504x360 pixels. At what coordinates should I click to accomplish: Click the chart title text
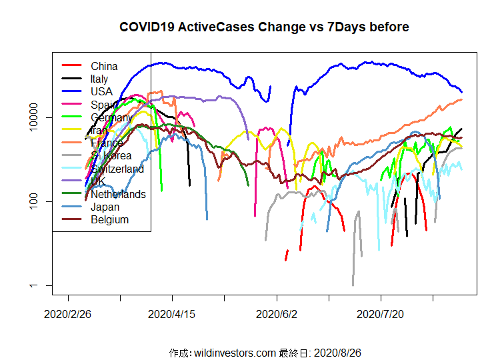tap(264, 27)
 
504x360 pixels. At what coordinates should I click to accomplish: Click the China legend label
tap(104, 66)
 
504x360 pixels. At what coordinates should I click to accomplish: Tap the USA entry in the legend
tap(101, 91)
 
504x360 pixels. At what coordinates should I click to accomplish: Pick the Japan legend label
tap(105, 207)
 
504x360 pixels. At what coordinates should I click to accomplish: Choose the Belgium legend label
tap(109, 219)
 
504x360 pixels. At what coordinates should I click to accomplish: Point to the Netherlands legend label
tap(118, 194)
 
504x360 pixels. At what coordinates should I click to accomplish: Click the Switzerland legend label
tap(117, 169)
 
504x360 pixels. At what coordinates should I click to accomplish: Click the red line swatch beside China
tap(71, 65)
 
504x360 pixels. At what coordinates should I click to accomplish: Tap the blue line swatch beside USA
tap(71, 91)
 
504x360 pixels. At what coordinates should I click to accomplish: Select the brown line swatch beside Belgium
tap(71, 219)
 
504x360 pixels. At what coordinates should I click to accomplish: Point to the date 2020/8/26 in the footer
tap(337, 352)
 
